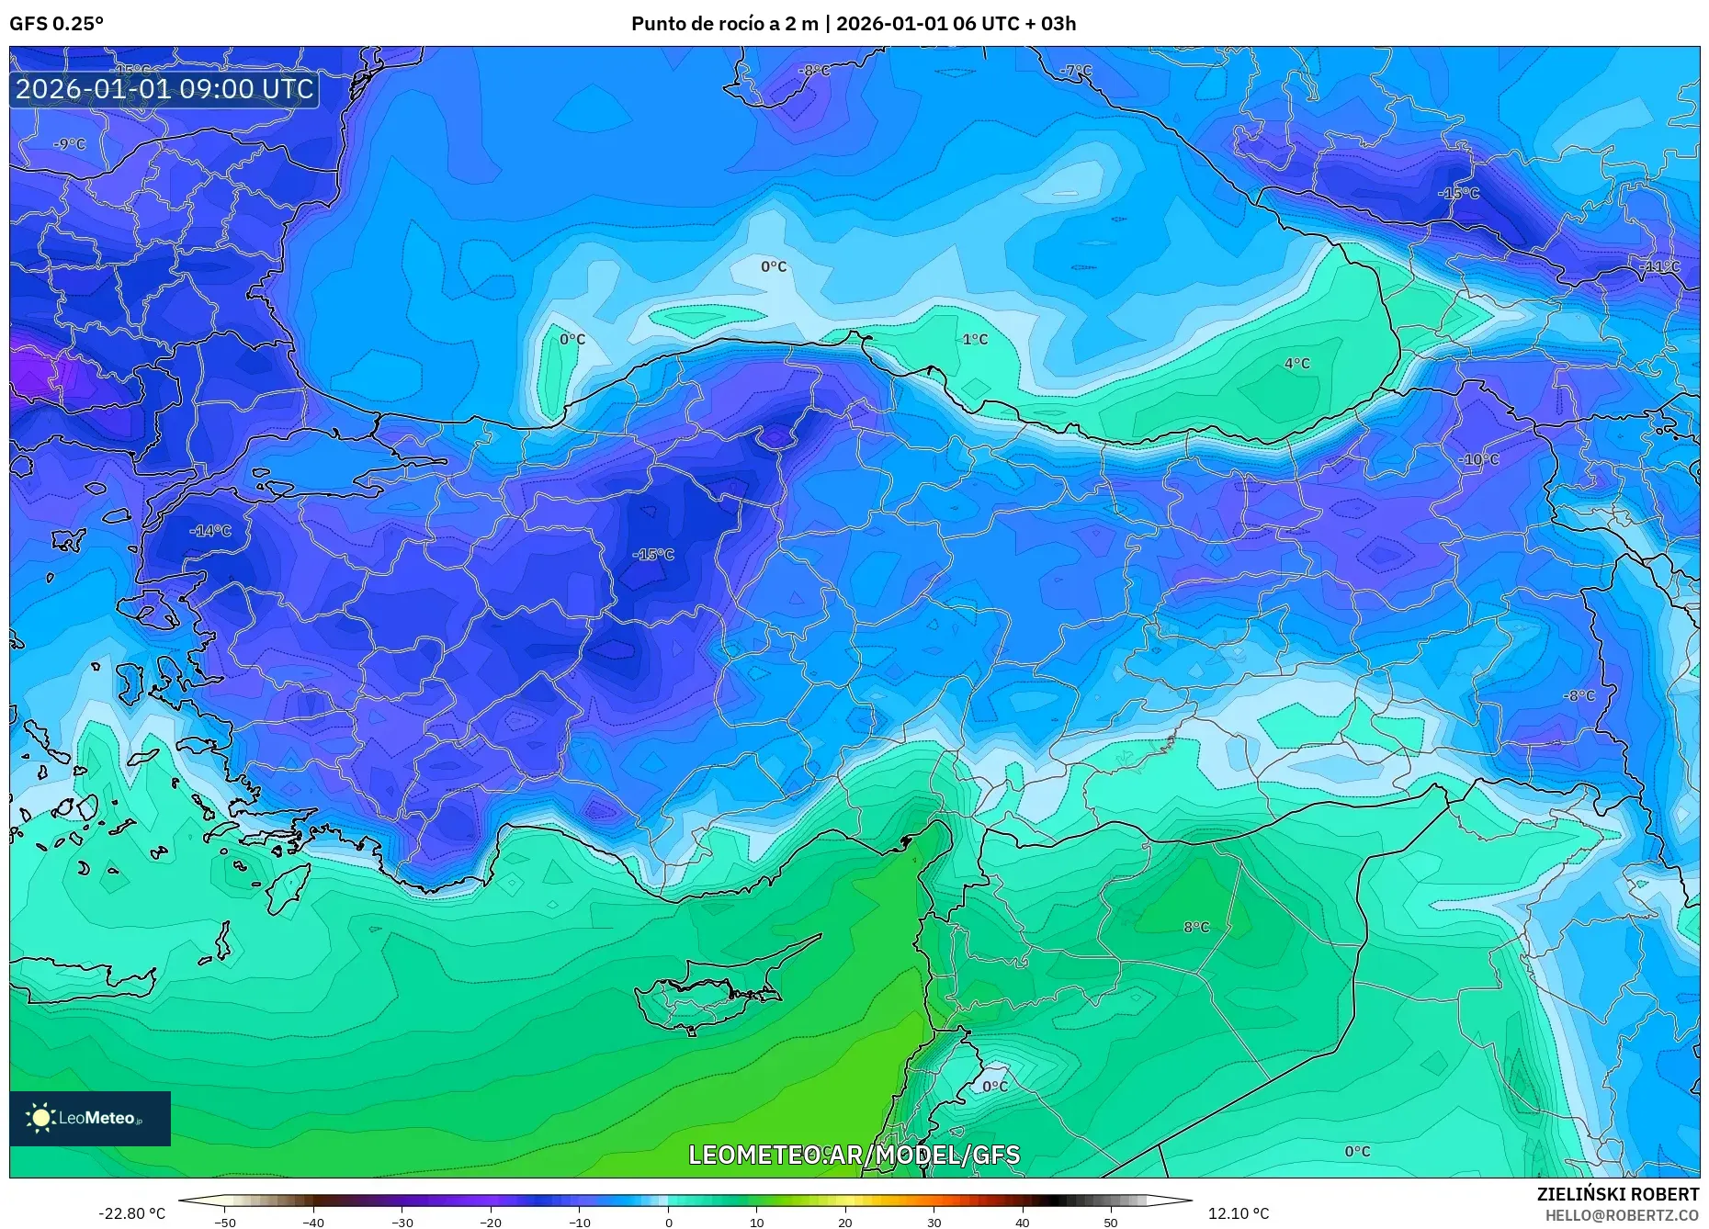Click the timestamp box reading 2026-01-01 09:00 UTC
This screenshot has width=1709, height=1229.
[164, 89]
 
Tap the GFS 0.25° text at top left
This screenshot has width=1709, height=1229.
[56, 24]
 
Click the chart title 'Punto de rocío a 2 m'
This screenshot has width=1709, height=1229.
[724, 24]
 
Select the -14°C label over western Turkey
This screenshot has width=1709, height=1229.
[210, 531]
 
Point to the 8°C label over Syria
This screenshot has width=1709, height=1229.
[1196, 927]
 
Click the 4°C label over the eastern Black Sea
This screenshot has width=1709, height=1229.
[1296, 364]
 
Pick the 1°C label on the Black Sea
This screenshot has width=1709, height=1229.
[975, 339]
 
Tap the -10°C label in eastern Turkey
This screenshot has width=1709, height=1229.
[1477, 459]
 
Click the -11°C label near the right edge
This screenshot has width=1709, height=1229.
[1658, 266]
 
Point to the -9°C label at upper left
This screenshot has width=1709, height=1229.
[69, 144]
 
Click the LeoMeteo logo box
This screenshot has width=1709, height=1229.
[90, 1118]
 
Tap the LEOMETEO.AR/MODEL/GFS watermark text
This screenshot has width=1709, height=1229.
[854, 1155]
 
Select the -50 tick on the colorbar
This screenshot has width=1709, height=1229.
[224, 1223]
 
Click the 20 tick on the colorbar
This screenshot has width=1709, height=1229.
[845, 1223]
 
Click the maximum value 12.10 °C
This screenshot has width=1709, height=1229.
[1239, 1213]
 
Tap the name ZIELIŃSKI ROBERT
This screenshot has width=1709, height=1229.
[1617, 1194]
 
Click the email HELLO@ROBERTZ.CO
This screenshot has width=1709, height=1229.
[1622, 1215]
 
